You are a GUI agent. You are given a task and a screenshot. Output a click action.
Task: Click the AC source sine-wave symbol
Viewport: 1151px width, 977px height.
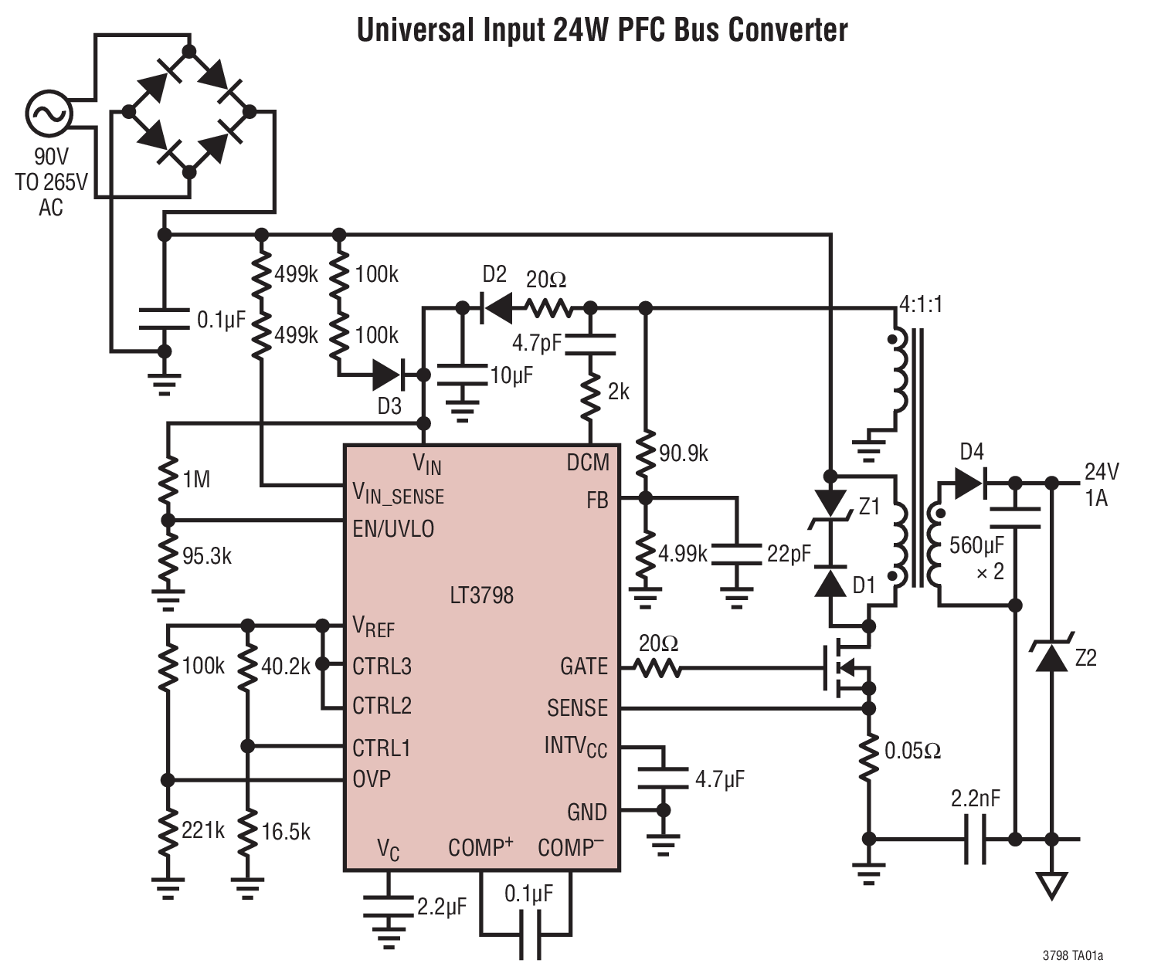pyautogui.click(x=48, y=114)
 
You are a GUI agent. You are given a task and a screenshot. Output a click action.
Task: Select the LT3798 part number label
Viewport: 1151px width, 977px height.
pyautogui.click(x=481, y=595)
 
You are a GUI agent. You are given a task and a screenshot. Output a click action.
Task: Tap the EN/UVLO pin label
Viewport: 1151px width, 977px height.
pyautogui.click(x=393, y=529)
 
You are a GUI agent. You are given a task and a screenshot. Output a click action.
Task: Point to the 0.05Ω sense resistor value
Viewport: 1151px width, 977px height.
pyautogui.click(x=912, y=751)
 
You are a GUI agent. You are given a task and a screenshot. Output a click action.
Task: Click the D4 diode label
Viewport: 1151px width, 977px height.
pyautogui.click(x=971, y=452)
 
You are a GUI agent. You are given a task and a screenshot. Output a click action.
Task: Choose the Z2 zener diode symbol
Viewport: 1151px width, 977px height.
pyautogui.click(x=1051, y=656)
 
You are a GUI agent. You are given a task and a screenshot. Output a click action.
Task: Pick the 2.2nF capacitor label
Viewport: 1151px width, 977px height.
pyautogui.click(x=975, y=799)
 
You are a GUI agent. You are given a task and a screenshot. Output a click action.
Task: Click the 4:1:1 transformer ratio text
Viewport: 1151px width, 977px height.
pyautogui.click(x=921, y=304)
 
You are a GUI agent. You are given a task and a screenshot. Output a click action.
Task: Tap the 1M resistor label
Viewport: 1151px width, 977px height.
pyautogui.click(x=196, y=480)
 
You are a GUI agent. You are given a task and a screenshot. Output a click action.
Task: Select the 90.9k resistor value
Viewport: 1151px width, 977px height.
pyautogui.click(x=684, y=453)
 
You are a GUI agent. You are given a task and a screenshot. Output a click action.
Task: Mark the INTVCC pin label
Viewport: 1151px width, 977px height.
pyautogui.click(x=575, y=746)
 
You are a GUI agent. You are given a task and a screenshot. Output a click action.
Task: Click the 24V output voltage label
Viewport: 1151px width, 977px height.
pyautogui.click(x=1102, y=472)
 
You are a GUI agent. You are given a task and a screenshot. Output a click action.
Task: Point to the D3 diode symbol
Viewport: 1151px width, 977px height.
pyautogui.click(x=389, y=376)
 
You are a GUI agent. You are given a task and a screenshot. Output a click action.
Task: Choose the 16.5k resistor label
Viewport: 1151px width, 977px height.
pyautogui.click(x=286, y=832)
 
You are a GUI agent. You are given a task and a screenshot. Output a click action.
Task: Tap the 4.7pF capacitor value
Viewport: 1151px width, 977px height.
pyautogui.click(x=537, y=342)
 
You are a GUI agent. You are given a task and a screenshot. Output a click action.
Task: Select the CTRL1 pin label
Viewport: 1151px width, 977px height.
pyautogui.click(x=382, y=748)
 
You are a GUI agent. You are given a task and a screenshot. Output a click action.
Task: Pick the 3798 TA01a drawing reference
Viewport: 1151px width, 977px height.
pyautogui.click(x=1072, y=955)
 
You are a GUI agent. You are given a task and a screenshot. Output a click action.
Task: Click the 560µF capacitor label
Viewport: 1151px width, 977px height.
pyautogui.click(x=976, y=545)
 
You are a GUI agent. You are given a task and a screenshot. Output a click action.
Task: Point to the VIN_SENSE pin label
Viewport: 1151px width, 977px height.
pyautogui.click(x=398, y=494)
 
